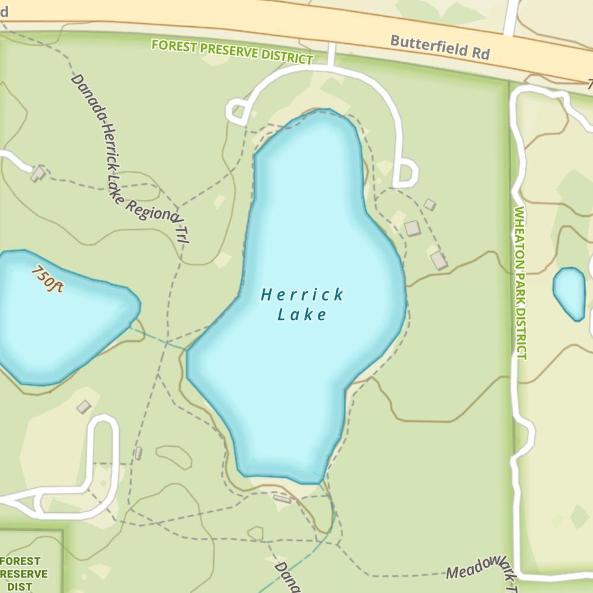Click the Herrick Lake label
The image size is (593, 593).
[x=302, y=304]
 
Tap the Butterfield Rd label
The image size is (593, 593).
[x=440, y=47]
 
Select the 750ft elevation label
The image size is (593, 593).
[x=47, y=278]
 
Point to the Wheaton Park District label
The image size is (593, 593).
[x=520, y=283]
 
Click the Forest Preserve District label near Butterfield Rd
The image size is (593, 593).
[x=232, y=52]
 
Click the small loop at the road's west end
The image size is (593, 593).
[x=238, y=111]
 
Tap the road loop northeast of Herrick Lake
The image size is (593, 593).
[x=406, y=173]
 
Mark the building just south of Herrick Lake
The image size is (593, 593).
[x=282, y=499]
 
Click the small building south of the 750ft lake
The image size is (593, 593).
[x=84, y=407]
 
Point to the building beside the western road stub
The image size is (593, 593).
[x=38, y=174]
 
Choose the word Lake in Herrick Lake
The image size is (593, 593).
[x=302, y=314]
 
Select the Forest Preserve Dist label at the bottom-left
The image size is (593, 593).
[x=24, y=573]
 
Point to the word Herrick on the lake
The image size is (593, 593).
[x=302, y=295]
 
